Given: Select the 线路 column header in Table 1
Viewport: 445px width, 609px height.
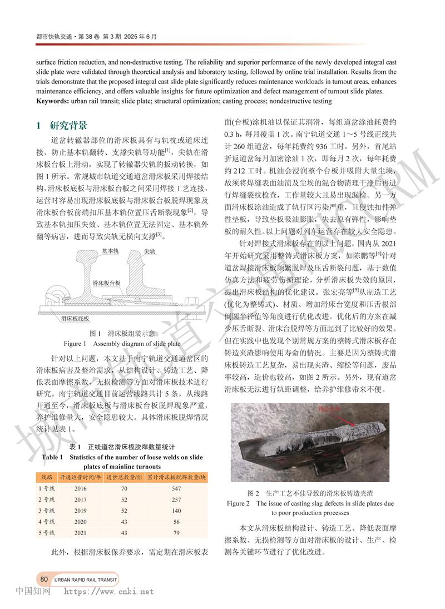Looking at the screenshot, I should [x=47, y=477].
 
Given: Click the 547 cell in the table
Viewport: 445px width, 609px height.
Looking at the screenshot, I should [x=176, y=488].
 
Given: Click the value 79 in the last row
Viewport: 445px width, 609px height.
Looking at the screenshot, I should [x=176, y=533].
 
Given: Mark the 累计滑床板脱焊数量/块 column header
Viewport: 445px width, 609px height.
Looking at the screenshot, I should [x=176, y=477].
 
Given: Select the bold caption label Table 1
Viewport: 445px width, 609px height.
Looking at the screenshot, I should [x=52, y=457].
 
